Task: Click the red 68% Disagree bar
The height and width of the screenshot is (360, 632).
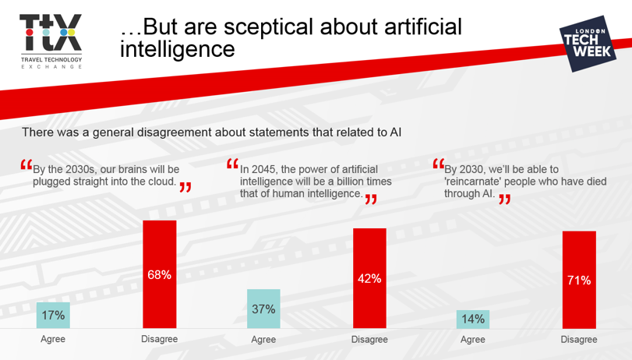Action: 160,274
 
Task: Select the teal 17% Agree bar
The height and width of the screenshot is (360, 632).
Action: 53,316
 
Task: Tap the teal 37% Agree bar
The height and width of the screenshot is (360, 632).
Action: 263,309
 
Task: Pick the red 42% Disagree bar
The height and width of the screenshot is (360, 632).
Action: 369,278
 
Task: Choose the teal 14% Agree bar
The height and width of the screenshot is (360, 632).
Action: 473,319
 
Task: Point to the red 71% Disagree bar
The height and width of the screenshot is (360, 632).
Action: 579,280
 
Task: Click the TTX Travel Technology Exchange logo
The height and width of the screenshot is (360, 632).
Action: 51,41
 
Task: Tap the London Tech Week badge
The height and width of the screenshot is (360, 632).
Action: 588,44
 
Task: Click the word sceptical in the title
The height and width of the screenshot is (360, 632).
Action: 268,27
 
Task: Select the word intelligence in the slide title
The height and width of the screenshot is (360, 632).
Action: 178,50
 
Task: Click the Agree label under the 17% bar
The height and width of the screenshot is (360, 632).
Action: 53,339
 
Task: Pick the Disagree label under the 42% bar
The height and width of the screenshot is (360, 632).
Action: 369,340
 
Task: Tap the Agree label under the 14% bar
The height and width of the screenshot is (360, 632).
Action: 473,340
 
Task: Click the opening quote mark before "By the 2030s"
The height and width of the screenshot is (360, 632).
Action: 26,164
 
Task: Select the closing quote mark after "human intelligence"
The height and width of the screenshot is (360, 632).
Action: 371,199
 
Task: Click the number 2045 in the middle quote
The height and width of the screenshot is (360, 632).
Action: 262,170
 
